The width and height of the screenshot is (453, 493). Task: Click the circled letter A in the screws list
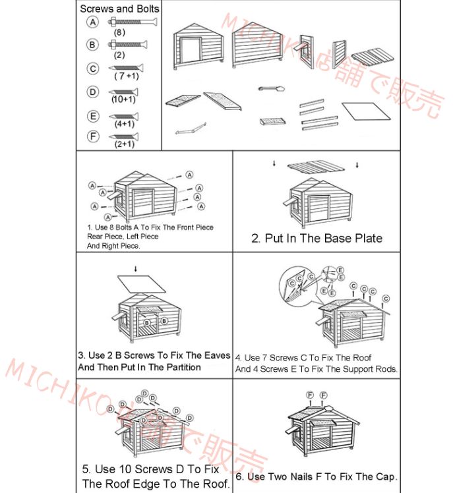point(93,22)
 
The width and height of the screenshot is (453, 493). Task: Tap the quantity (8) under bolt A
point(119,32)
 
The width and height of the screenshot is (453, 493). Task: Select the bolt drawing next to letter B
point(128,44)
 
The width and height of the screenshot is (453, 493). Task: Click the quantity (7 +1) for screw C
point(127,76)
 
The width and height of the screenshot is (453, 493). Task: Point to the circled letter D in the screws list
point(93,92)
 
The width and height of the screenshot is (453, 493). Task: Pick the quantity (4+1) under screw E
point(125,123)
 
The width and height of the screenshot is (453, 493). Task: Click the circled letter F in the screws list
point(93,136)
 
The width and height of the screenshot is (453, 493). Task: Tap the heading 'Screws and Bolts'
point(119,9)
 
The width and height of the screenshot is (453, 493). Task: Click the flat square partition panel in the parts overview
point(367,111)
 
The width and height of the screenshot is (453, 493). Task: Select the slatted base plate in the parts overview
point(373,57)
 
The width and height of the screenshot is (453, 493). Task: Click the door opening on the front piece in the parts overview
point(191,51)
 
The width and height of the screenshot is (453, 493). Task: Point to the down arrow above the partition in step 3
point(136,269)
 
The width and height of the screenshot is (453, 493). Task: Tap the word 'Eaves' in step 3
point(218,355)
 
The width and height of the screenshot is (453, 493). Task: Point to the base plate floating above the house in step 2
point(316,166)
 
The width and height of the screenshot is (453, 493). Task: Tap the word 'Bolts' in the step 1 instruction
point(123,227)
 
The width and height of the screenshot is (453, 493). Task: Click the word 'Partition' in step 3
point(184,367)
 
